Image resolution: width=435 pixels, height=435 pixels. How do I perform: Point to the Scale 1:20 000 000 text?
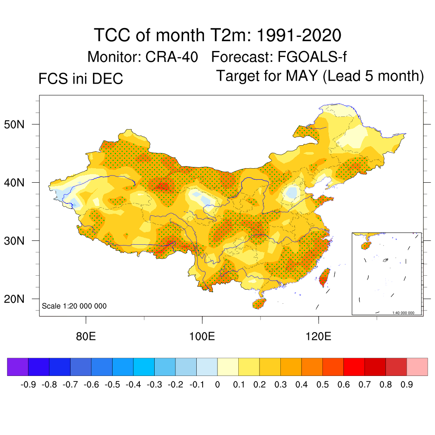click(74, 306)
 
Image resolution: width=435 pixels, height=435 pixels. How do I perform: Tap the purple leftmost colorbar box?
click(17, 367)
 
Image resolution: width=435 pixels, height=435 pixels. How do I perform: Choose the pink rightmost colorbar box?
click(417, 367)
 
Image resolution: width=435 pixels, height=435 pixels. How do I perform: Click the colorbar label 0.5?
click(322, 385)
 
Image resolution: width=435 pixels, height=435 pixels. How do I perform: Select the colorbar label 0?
click(217, 385)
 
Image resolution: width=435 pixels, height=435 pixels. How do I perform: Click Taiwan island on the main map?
click(324, 277)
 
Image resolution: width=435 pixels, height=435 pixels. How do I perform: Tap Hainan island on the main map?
click(259, 303)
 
